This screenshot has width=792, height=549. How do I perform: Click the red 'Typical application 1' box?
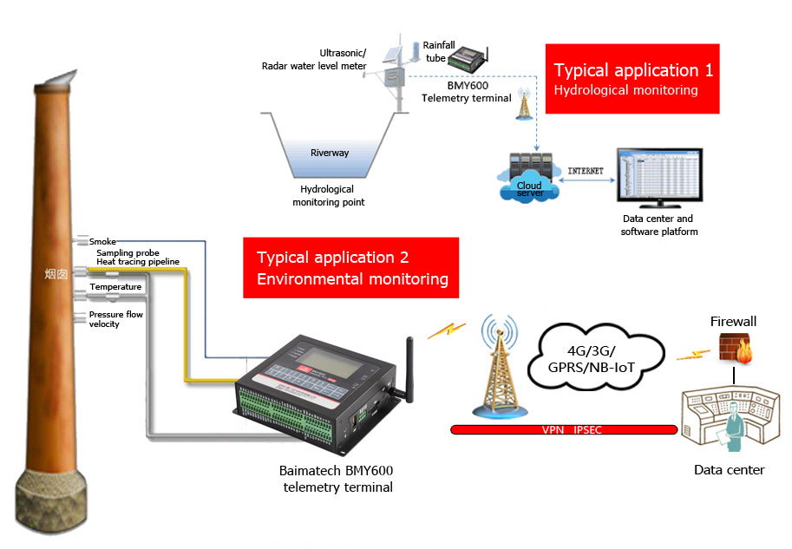pos(633,79)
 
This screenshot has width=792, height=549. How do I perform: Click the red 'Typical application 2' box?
pos(351,268)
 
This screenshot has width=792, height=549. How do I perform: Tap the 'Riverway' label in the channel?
pos(330,153)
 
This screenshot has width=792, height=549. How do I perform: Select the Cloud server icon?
pos(529,174)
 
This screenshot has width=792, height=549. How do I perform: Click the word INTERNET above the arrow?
pos(585,171)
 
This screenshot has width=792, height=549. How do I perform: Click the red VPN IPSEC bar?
pos(564,429)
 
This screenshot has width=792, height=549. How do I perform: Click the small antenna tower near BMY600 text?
pos(523,105)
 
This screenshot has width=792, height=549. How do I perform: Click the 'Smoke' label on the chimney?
pos(103,241)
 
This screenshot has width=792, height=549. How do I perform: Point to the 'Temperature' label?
pos(115,287)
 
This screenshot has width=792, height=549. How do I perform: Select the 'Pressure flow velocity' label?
pos(115,319)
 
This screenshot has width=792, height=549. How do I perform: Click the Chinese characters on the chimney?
pos(56,274)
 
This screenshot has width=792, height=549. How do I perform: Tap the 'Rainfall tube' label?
pos(433,51)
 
